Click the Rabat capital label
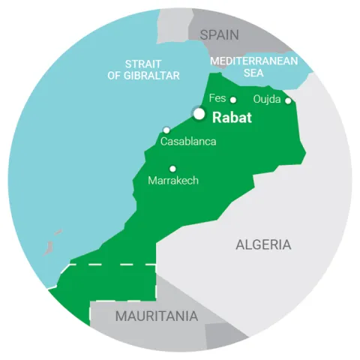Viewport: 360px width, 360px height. pos(233,117)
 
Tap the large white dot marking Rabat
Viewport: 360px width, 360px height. pos(199,114)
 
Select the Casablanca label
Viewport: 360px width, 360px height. pos(189,141)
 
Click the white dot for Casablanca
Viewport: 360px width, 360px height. pos(166,130)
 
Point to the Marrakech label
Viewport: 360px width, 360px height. pos(173,181)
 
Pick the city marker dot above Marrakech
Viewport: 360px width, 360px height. pos(172,169)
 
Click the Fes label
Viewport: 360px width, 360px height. pos(217,98)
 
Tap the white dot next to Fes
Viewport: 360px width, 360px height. pos(233,100)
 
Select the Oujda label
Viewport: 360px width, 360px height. pos(267,98)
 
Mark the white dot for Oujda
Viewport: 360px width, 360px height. pos(288,100)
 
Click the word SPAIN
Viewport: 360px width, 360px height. pos(219,34)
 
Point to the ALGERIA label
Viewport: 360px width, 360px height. pos(263,244)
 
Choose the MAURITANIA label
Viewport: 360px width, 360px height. pos(156,316)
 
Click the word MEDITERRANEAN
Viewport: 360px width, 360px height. pos(254,60)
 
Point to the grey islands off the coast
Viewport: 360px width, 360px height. pos(52,242)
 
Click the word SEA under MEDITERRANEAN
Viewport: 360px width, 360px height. pos(254,73)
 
